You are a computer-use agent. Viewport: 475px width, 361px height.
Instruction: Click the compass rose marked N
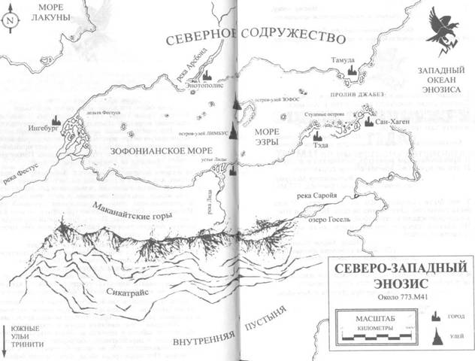9,22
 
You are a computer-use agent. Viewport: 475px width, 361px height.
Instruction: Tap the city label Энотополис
205,86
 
